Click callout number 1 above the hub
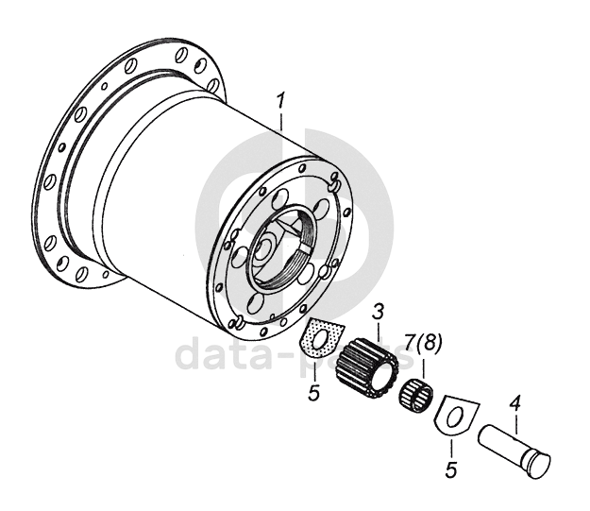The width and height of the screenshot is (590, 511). coord(279,99)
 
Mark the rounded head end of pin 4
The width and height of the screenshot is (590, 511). coord(538,463)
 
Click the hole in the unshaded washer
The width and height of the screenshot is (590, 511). coord(453,415)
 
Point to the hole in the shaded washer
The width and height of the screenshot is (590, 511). coord(325,334)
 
